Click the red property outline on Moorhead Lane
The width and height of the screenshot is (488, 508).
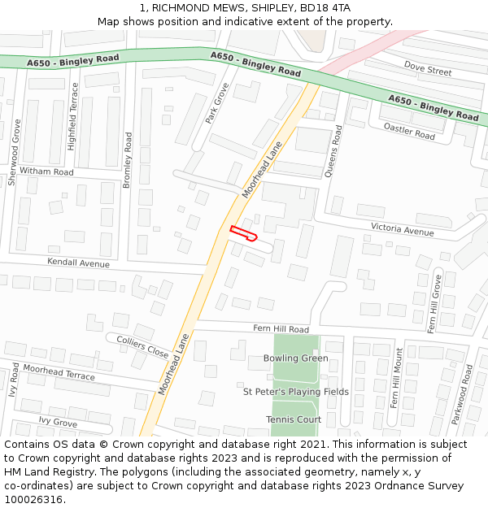coord(243,233)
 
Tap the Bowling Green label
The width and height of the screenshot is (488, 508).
coord(296,358)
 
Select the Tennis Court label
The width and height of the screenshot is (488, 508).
coord(294,419)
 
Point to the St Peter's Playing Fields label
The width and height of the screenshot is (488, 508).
coord(296,392)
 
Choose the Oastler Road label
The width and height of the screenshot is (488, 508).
coord(410,131)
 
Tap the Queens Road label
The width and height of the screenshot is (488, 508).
coord(333,151)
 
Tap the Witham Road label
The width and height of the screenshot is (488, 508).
coord(46,172)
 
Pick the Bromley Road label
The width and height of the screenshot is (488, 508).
coord(128,160)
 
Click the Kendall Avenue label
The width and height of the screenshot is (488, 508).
coord(78,263)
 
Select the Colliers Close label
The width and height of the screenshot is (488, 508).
coord(142,347)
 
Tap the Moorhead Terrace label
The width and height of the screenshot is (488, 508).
coord(59,372)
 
